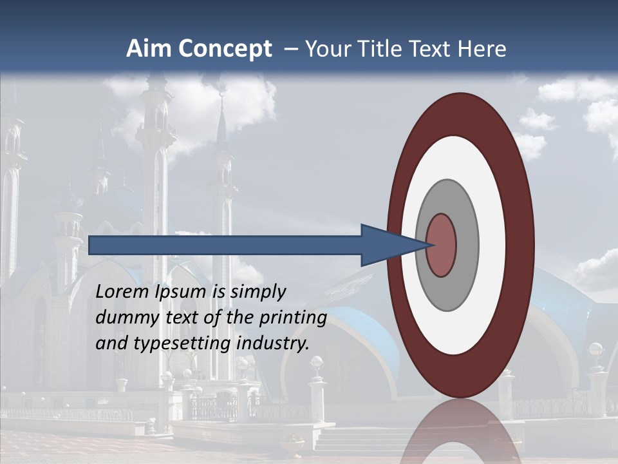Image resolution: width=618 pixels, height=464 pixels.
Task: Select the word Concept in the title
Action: [x=225, y=49]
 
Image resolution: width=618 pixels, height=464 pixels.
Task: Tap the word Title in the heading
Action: [x=382, y=49]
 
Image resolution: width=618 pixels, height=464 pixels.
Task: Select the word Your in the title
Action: [x=326, y=49]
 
